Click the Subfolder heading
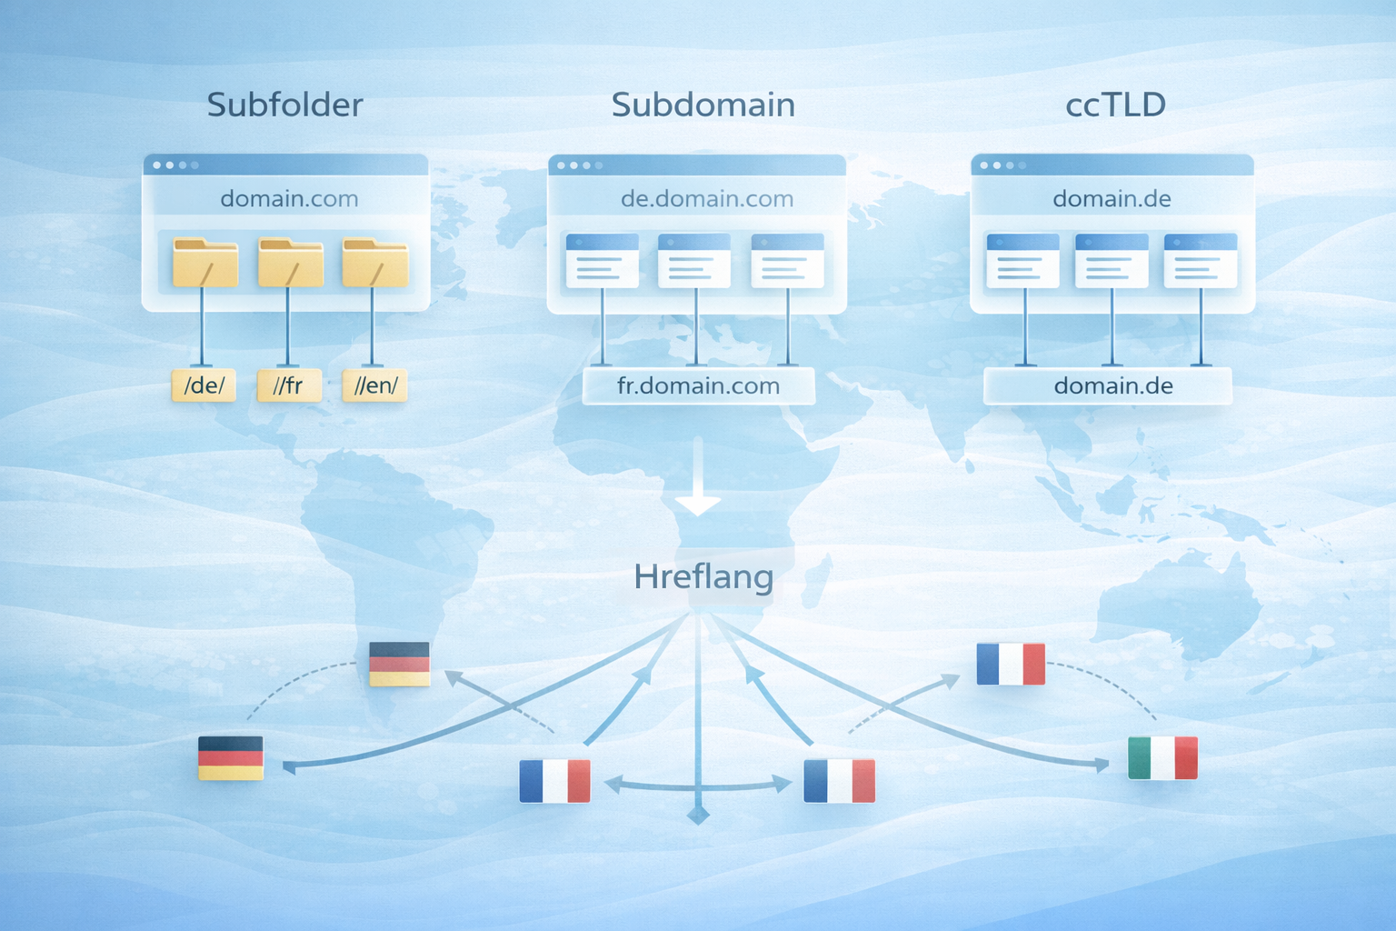click(x=284, y=105)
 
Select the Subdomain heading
click(x=703, y=105)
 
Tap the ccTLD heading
click(x=1115, y=105)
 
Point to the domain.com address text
click(x=289, y=198)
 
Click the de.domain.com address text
click(x=706, y=198)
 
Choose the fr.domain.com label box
click(x=698, y=385)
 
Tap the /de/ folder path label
click(x=204, y=385)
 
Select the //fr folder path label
click(x=289, y=385)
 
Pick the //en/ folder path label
click(x=374, y=385)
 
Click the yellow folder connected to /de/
click(x=205, y=263)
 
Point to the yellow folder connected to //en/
click(x=374, y=263)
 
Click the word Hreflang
click(x=703, y=576)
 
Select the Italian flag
click(x=1162, y=757)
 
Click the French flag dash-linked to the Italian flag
click(x=1011, y=664)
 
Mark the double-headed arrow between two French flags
click(x=697, y=784)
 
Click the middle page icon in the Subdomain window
click(x=694, y=261)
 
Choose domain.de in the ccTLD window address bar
click(x=1112, y=198)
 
